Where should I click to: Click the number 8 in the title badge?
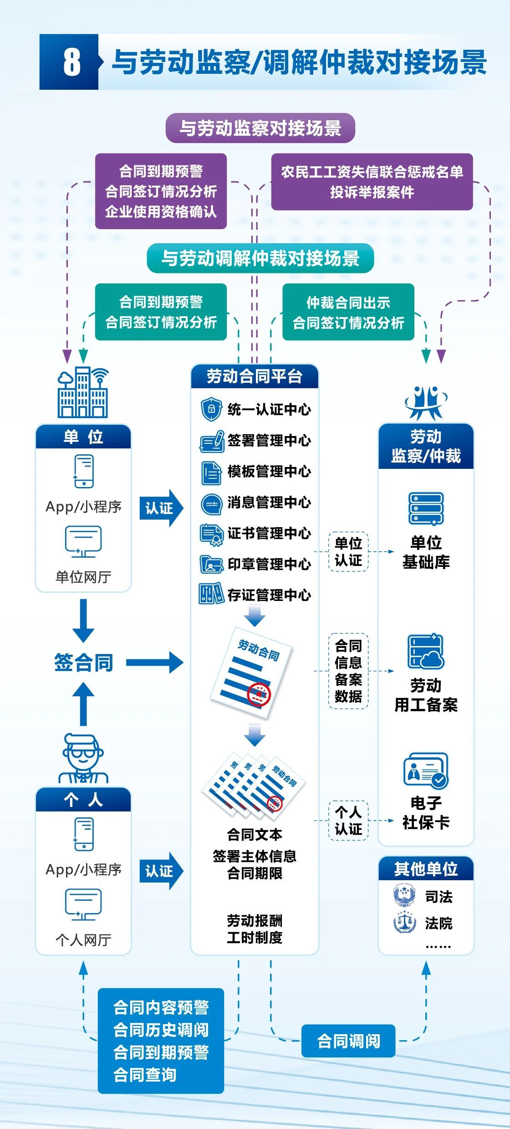[71, 62]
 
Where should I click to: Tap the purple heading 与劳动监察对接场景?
[260, 128]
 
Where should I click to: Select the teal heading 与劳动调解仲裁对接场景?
[260, 258]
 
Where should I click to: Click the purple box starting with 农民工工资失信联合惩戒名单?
[372, 182]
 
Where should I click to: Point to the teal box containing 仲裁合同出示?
[348, 312]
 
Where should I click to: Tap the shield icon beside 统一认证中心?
[211, 409]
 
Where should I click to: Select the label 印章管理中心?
[269, 564]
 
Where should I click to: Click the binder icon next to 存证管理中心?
[211, 594]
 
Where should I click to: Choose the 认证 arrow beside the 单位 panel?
[161, 508]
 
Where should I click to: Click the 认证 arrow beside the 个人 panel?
[161, 871]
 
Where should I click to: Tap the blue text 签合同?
[83, 662]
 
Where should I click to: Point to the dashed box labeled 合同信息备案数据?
[348, 671]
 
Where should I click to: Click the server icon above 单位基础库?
[426, 508]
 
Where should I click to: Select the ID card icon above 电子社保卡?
[426, 770]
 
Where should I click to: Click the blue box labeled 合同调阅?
[348, 1041]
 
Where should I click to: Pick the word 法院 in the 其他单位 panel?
[439, 924]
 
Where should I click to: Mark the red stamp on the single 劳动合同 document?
[259, 694]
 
